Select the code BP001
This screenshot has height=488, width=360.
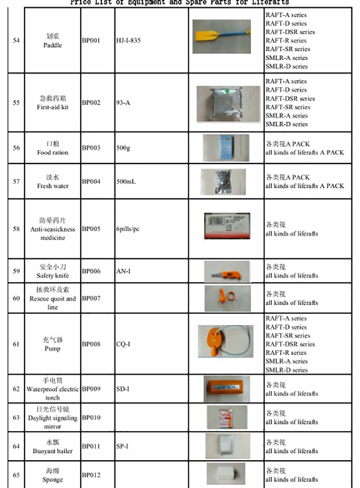click(x=91, y=41)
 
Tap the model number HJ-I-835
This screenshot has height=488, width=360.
click(x=128, y=41)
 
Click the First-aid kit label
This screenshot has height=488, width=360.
click(x=52, y=107)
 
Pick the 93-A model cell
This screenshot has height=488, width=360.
click(x=123, y=103)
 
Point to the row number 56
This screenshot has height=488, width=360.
click(x=16, y=148)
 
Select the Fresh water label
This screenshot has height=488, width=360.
click(x=52, y=186)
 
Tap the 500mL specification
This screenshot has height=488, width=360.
click(x=126, y=181)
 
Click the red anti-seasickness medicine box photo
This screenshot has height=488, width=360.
click(x=226, y=225)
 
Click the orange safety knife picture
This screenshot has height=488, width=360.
click(x=226, y=271)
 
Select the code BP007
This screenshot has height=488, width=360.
click(x=91, y=299)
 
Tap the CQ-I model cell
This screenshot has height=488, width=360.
click(x=123, y=344)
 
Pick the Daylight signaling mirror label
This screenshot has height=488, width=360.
click(x=52, y=418)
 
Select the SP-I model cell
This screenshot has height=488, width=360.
click(x=122, y=446)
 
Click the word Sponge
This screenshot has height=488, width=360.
click(x=52, y=480)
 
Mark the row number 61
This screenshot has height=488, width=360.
click(x=16, y=344)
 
